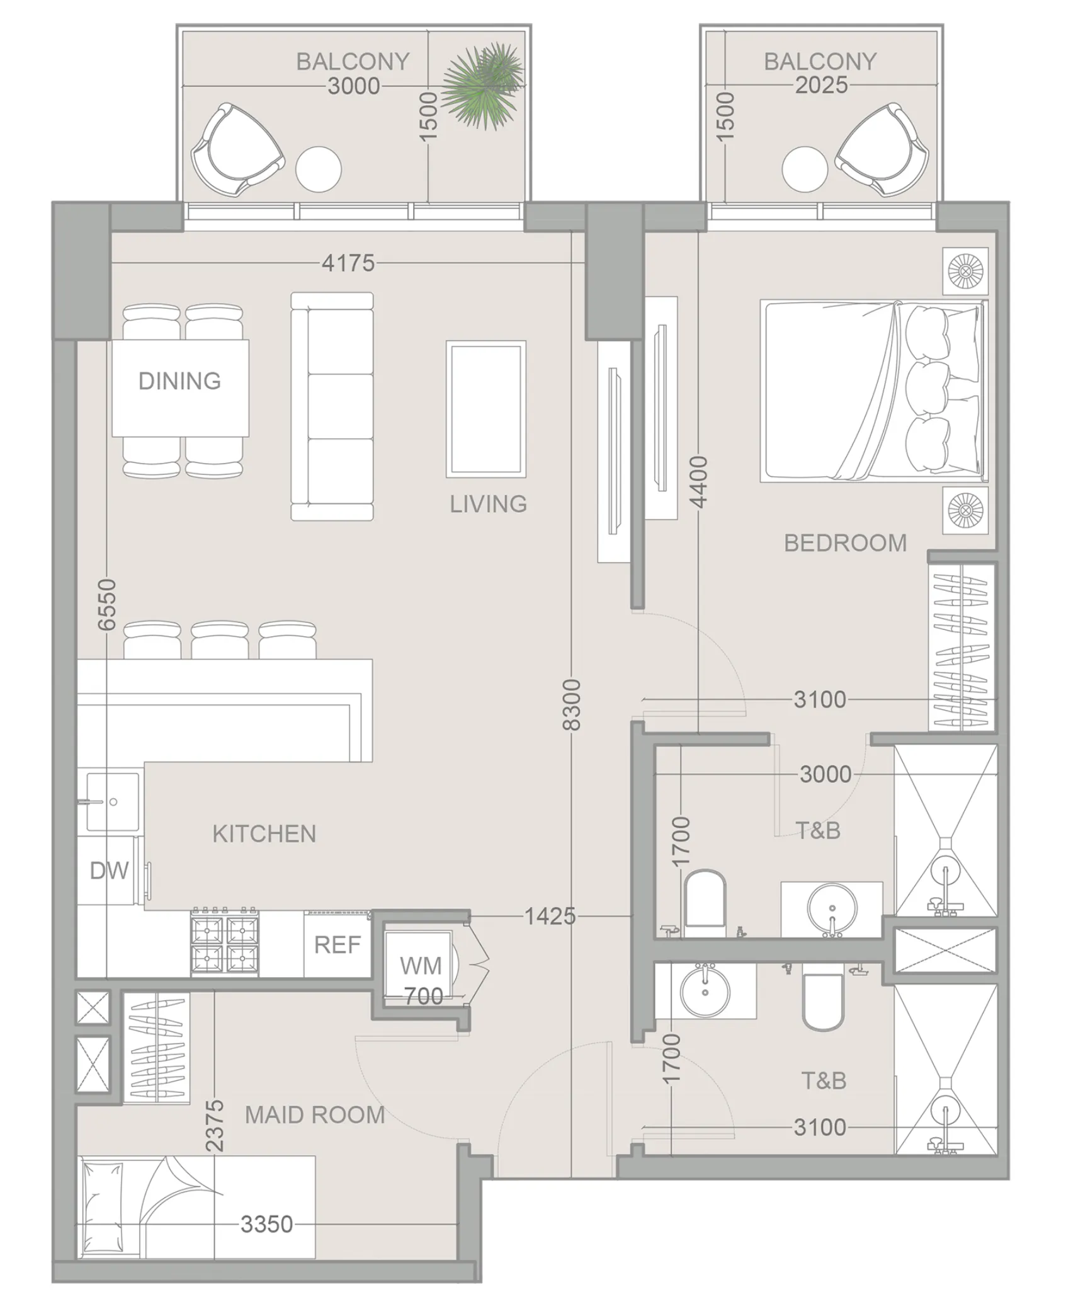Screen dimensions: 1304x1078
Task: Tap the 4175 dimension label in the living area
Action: [x=348, y=263]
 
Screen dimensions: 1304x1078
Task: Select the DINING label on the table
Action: [x=179, y=381]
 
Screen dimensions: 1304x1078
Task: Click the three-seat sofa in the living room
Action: [x=332, y=406]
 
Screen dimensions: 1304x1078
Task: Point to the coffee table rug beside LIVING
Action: [x=485, y=409]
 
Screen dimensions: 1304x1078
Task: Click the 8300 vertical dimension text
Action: [x=570, y=704]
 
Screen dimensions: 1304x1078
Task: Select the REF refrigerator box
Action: [x=338, y=945]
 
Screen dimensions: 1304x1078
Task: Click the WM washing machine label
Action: [x=420, y=966]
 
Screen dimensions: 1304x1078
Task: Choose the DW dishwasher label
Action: [x=109, y=871]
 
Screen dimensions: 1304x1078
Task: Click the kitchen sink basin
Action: [x=113, y=802]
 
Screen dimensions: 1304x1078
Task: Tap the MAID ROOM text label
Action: [x=314, y=1115]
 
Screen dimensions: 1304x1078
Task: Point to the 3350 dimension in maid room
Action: [x=266, y=1224]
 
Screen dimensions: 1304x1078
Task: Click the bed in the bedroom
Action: [x=873, y=391]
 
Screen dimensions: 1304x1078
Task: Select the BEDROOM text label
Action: [x=845, y=543]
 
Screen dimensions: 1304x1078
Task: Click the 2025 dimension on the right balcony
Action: [x=820, y=85]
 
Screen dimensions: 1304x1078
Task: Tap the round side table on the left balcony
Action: [x=319, y=169]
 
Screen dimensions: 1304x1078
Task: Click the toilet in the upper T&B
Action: [x=705, y=900]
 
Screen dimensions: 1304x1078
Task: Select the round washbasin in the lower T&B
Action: [x=705, y=993]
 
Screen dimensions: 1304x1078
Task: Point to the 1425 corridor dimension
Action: [x=550, y=916]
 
